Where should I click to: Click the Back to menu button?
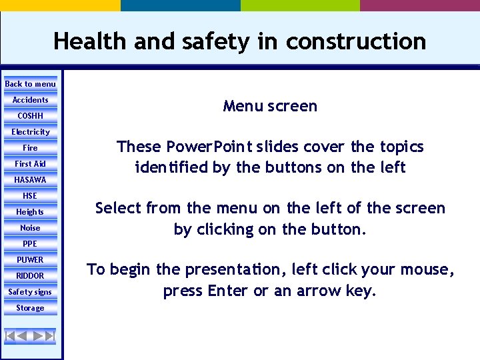click(x=30, y=84)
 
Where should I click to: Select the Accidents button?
click(x=30, y=100)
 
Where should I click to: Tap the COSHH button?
click(x=30, y=116)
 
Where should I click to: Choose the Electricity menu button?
click(x=30, y=132)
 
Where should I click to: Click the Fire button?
click(x=30, y=148)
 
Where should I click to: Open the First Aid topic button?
click(x=30, y=164)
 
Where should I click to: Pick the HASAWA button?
click(x=30, y=180)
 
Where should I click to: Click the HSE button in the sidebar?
click(x=30, y=196)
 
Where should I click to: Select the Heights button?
click(x=30, y=212)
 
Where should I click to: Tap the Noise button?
click(x=30, y=228)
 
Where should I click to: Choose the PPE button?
click(x=30, y=244)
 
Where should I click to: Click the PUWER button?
click(x=30, y=260)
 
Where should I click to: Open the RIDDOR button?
click(x=30, y=276)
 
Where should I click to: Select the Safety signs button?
click(x=30, y=292)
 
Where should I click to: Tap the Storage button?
click(x=30, y=308)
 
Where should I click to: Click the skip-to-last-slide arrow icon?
click(x=49, y=335)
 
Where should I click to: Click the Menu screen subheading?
click(x=270, y=106)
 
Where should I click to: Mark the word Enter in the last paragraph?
click(x=229, y=291)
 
